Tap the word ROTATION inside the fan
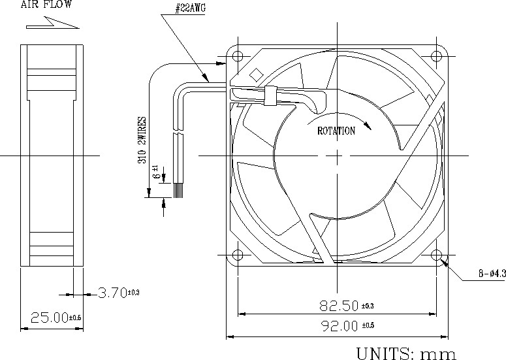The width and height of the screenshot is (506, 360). [x=336, y=131]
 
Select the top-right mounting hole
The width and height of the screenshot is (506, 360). [x=437, y=55]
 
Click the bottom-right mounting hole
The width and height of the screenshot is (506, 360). [x=437, y=255]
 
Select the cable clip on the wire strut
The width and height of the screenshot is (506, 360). [x=268, y=96]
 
